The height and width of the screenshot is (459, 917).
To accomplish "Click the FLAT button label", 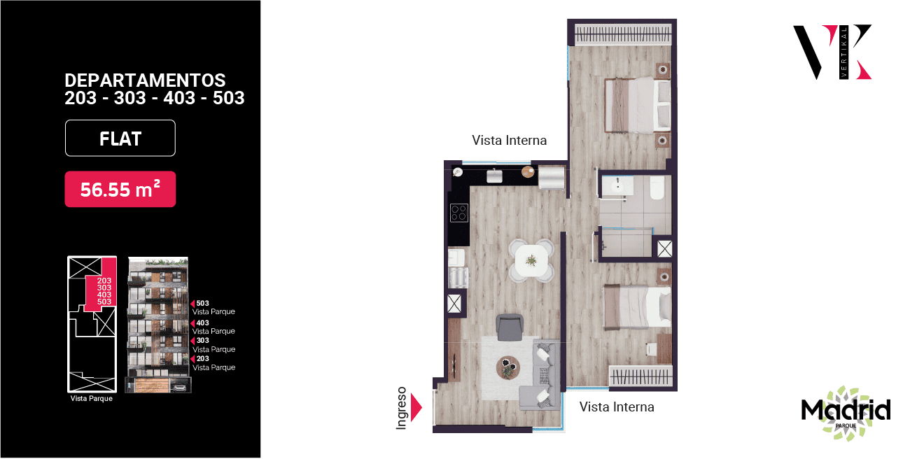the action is [x=120, y=139].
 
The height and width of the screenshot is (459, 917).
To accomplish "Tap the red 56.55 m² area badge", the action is [x=120, y=189].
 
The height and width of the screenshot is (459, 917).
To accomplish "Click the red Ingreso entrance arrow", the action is [x=416, y=407].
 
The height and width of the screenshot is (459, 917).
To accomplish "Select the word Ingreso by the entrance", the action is [x=401, y=408].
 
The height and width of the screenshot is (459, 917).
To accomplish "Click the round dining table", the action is [x=531, y=260].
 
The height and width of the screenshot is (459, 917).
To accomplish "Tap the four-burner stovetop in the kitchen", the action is [x=459, y=213].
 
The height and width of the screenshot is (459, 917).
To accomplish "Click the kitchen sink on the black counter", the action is [x=494, y=176].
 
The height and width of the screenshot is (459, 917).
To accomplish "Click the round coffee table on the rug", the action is [x=508, y=368].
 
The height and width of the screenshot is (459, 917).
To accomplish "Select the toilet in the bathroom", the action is [x=657, y=188].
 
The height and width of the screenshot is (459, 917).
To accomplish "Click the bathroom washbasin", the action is [x=617, y=186].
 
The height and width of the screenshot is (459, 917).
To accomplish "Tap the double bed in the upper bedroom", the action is [x=638, y=105].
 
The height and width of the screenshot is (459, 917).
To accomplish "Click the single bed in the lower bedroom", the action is [x=637, y=308].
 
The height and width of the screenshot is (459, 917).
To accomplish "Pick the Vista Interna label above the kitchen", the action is [x=510, y=141].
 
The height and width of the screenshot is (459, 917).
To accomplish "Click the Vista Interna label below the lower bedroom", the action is [x=617, y=407].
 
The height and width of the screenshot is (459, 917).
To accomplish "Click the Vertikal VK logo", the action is [x=832, y=52].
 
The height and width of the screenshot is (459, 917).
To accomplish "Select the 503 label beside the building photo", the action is [x=202, y=303].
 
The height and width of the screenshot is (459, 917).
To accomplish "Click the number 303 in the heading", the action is [x=129, y=98].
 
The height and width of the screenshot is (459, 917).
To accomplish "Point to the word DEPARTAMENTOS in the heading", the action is [x=145, y=80].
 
